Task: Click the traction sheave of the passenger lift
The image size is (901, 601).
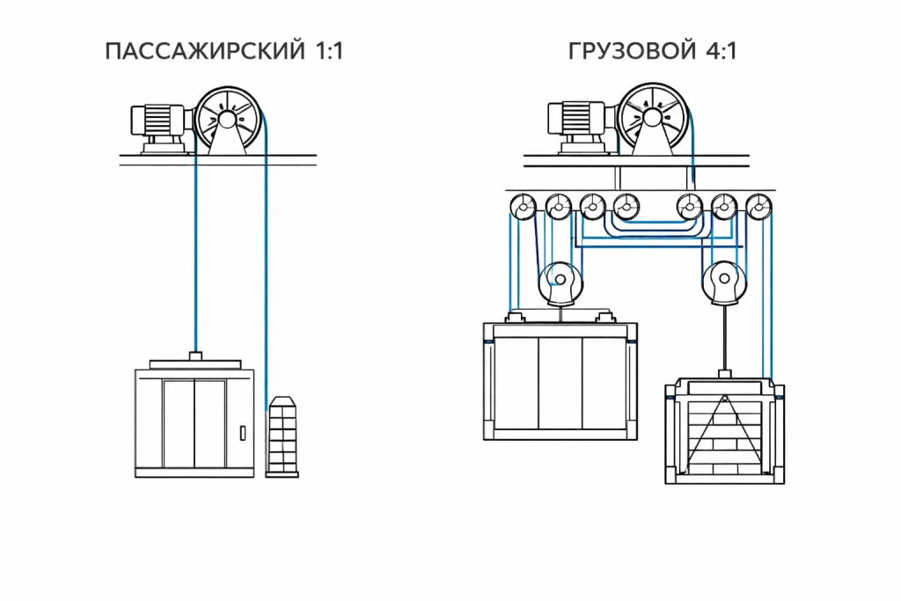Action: click(227, 116)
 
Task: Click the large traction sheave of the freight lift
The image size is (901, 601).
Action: click(653, 115)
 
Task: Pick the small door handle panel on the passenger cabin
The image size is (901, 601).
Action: click(242, 433)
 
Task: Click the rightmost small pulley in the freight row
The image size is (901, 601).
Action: click(758, 208)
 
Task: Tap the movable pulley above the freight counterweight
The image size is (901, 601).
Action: click(724, 283)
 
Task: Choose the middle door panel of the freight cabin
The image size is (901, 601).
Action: click(560, 382)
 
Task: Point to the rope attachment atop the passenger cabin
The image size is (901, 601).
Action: click(195, 355)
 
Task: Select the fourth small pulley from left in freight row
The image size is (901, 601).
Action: click(626, 208)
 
